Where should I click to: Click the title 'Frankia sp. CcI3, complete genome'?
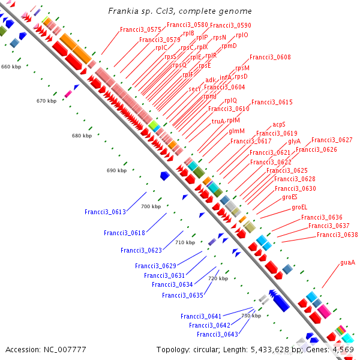point(180,11)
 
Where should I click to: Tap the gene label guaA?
point(348,262)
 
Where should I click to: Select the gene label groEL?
point(299,207)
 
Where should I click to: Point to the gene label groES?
point(290,197)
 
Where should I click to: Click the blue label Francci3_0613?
point(105,212)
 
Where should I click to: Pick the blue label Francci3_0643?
point(217,334)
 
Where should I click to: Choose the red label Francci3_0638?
point(337,235)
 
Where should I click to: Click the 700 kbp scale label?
point(151,206)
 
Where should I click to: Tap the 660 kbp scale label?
point(11,66)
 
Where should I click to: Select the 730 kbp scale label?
point(251,316)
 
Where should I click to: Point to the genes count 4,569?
point(344,349)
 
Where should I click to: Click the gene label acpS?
point(279,124)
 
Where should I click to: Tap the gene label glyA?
point(294,141)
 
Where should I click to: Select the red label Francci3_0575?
point(140,29)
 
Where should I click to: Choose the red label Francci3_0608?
point(270,57)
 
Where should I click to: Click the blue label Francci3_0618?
point(124,233)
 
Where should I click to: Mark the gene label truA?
point(218,121)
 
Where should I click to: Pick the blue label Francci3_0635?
point(182,295)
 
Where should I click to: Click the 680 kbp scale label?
point(82,136)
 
